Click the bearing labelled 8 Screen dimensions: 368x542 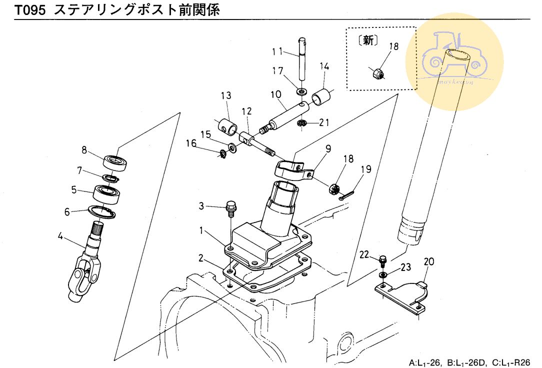[117, 162]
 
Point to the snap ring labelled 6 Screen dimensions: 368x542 [102, 212]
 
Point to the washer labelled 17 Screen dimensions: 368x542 [301, 91]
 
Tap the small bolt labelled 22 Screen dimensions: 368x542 [383, 260]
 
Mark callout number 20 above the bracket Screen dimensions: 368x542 [429, 261]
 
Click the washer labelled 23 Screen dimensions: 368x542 [382, 275]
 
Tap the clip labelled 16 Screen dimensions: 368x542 [221, 154]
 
